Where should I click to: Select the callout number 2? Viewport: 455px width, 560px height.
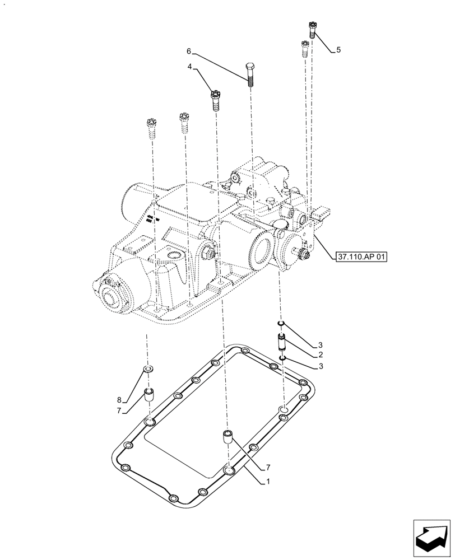320,355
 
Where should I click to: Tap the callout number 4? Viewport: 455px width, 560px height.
190,67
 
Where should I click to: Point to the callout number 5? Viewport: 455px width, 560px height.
338,50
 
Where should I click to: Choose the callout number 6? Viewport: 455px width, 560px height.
189,51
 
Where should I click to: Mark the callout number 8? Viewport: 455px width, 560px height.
119,400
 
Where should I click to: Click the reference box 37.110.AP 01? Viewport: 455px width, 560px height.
361,257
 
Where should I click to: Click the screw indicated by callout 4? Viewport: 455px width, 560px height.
215,101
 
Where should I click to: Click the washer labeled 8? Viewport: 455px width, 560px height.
148,370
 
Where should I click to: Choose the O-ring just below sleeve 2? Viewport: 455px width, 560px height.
284,358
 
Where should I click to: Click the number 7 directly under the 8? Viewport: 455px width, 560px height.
119,411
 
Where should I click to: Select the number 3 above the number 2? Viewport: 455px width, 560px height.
320,344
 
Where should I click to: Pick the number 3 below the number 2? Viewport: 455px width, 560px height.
320,366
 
